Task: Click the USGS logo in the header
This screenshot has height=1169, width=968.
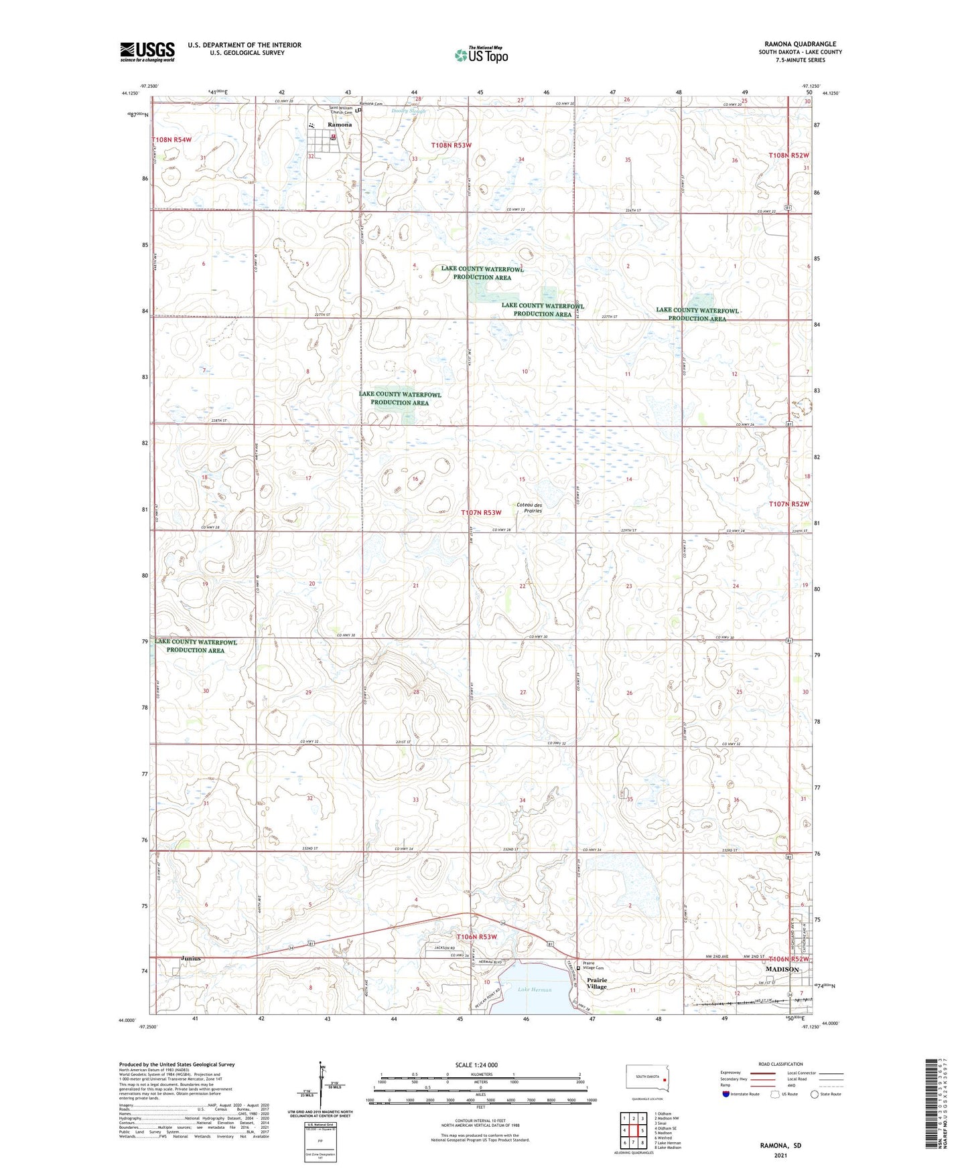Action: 147,52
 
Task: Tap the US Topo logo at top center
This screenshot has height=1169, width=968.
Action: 480,55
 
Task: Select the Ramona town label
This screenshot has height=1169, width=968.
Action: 339,125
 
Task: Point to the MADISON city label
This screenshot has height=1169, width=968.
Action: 782,969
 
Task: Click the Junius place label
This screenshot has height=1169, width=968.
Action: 190,958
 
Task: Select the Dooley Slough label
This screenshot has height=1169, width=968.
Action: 409,111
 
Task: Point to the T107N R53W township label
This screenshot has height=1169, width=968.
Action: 481,513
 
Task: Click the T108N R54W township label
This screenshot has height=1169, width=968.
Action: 171,140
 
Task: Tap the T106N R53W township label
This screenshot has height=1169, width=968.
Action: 476,937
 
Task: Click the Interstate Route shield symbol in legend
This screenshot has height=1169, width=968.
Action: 726,1094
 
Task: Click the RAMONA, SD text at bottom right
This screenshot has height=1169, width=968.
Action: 780,1146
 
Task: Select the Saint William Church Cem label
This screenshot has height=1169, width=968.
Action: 340,110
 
